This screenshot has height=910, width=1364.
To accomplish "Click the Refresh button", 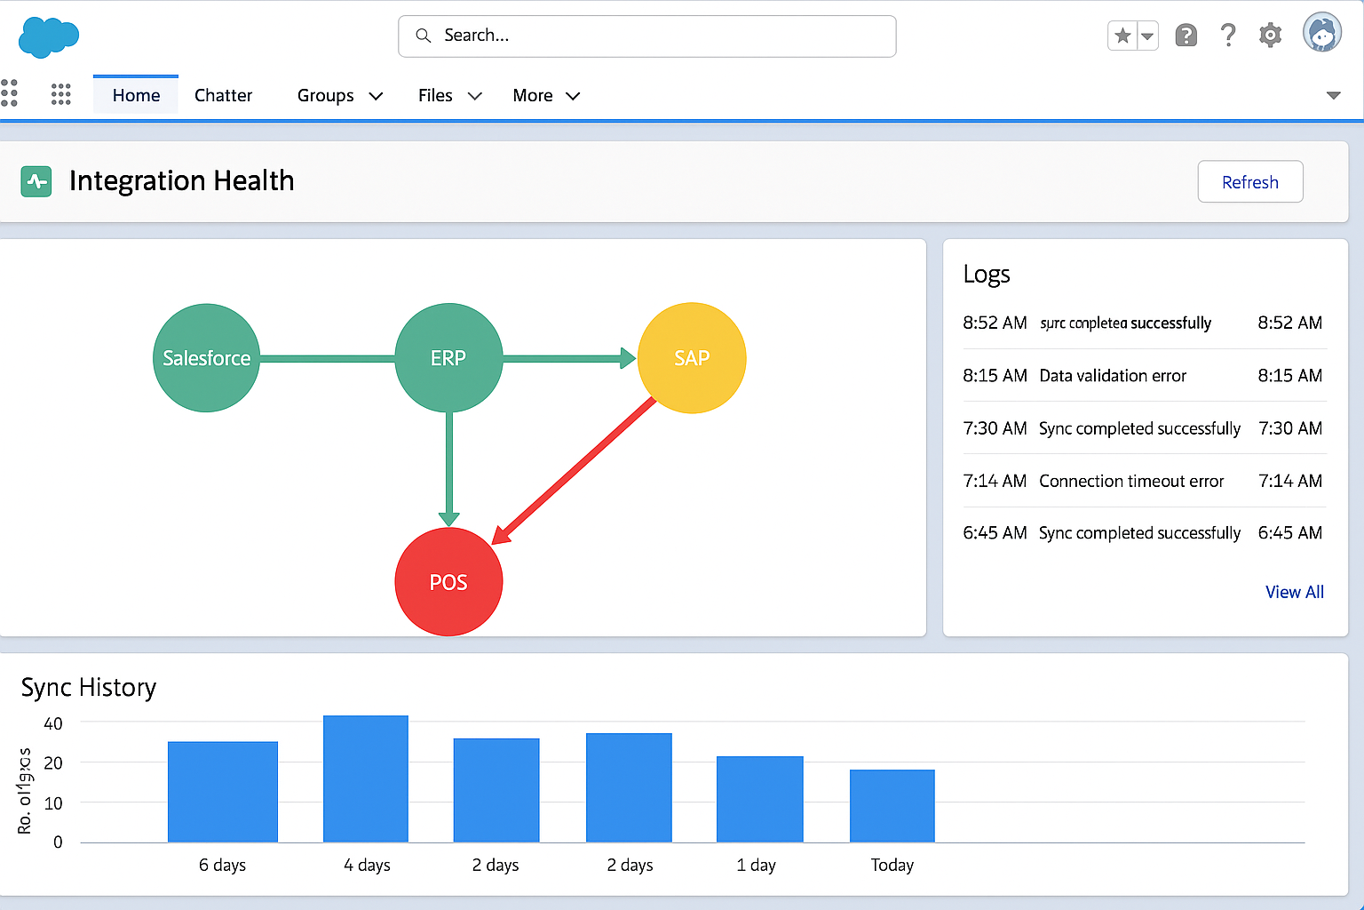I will tap(1249, 182).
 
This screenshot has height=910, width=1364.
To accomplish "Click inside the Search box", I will tap(646, 36).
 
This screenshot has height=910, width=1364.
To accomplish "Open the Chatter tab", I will tap(223, 95).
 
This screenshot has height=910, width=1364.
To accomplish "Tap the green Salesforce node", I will tap(206, 358).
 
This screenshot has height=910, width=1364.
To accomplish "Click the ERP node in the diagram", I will tap(448, 358).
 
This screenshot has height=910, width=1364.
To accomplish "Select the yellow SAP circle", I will tap(692, 358).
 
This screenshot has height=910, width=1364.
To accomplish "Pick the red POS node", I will tap(448, 582).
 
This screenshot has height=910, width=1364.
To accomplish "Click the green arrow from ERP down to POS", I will tap(448, 467).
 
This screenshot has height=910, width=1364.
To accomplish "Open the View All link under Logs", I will tap(1294, 592).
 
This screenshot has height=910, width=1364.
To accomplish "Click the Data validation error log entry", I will tap(1113, 376).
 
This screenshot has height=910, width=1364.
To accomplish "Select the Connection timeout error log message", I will tap(1131, 481).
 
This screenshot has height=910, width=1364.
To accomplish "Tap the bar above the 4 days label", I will tap(366, 778).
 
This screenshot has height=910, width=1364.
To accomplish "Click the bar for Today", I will tap(892, 805).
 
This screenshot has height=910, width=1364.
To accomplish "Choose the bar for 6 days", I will tap(223, 792).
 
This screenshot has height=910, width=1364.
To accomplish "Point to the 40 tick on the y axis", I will tap(53, 723).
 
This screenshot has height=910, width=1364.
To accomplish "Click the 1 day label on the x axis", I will tap(756, 865).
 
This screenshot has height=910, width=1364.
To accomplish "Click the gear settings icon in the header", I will tap(1271, 36).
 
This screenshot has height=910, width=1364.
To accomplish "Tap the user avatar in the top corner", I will tap(1322, 34).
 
